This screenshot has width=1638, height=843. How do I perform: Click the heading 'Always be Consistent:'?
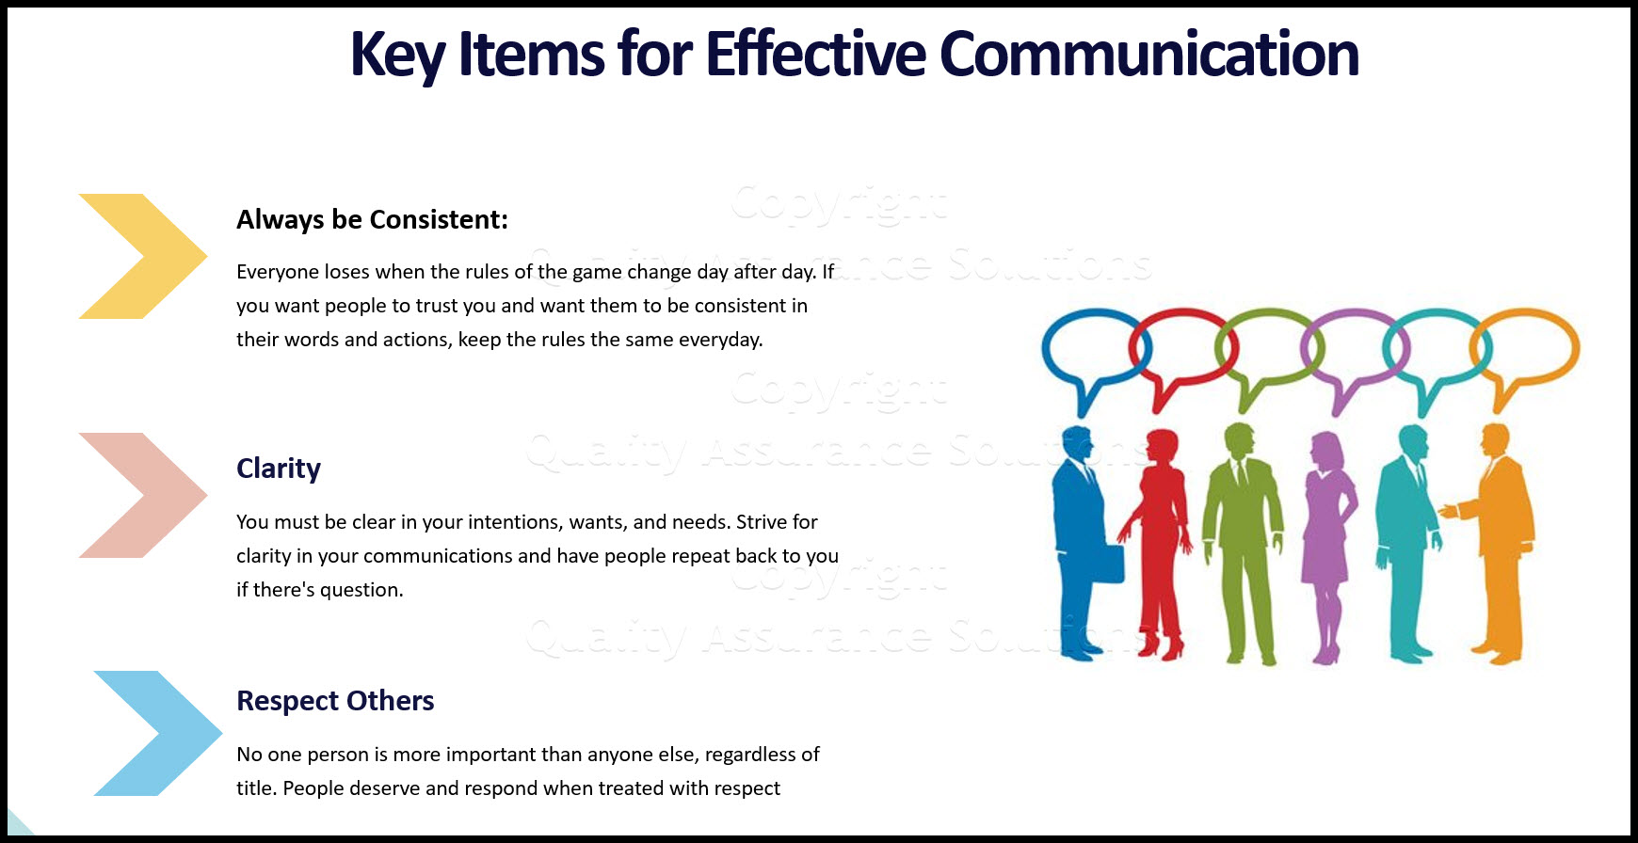coord(372,220)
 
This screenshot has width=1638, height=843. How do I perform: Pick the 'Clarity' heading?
coord(279,469)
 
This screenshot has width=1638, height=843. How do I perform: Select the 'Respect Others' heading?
coord(335,701)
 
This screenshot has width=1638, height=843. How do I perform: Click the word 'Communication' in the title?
coord(1149,54)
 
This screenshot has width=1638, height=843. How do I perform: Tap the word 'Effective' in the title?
coord(816,54)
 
